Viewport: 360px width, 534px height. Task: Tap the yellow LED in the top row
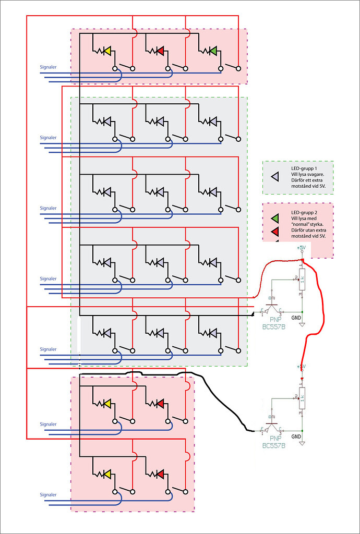click(107, 51)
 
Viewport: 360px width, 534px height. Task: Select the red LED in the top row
click(160, 51)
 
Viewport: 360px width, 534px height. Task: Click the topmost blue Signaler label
click(48, 67)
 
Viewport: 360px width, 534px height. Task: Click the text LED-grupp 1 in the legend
click(305, 169)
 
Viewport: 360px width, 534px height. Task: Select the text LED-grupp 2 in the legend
click(305, 212)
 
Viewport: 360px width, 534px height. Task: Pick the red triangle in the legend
click(275, 231)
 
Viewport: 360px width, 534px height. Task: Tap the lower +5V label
click(301, 366)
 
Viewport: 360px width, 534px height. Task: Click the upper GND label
click(296, 317)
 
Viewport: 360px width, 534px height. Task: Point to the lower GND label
click(296, 436)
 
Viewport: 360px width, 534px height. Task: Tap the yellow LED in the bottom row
click(107, 474)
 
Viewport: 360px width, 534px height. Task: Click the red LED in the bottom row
click(160, 474)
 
